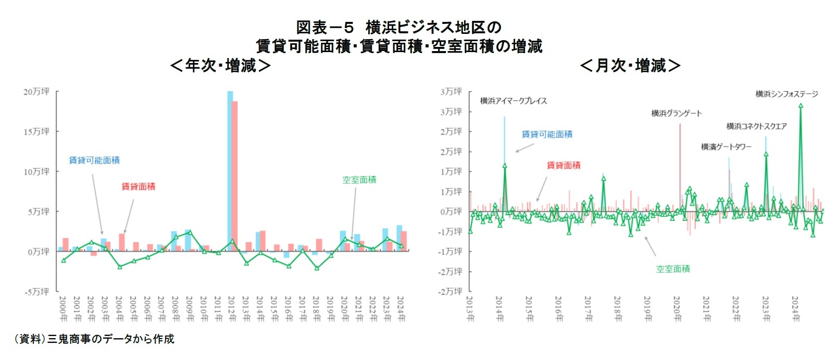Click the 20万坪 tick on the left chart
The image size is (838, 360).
(36, 92)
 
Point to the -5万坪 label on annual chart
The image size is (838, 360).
(36, 292)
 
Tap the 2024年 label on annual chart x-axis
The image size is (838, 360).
(401, 309)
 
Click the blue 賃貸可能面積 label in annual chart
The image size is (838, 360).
(94, 160)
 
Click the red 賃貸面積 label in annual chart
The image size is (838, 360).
(138, 186)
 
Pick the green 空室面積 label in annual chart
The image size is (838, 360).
(359, 180)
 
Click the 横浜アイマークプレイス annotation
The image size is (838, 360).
(514, 101)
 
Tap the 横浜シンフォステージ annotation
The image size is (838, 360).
(786, 94)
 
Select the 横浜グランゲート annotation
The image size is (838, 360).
(677, 113)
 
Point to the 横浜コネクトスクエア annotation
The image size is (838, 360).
(756, 126)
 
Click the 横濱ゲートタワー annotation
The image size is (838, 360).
(726, 147)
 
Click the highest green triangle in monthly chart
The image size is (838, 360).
(801, 105)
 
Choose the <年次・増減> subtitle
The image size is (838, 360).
(220, 66)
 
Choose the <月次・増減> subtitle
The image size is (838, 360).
(630, 66)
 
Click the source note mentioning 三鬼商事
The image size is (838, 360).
(94, 339)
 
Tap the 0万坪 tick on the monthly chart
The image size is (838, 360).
(451, 212)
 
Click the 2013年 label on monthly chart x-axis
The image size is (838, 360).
(469, 309)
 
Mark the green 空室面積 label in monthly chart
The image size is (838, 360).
(673, 269)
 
